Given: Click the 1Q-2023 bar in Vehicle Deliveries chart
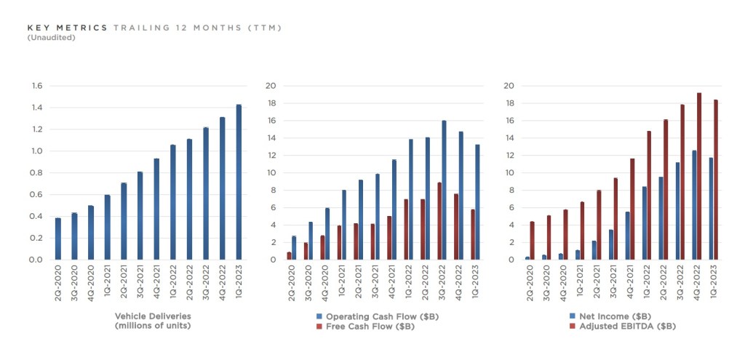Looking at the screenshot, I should tap(239, 182).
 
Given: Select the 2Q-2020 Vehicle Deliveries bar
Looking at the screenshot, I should tap(58, 239).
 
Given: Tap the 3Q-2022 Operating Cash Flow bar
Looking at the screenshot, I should tap(444, 190).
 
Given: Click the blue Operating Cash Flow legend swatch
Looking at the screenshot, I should tap(318, 316).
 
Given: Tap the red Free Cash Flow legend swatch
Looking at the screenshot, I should tap(318, 327).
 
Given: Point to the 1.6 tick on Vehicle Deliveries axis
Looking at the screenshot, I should tap(37, 86).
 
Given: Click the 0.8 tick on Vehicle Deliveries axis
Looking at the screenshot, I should tap(37, 173).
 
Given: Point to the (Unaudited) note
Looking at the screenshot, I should tap(51, 37).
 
